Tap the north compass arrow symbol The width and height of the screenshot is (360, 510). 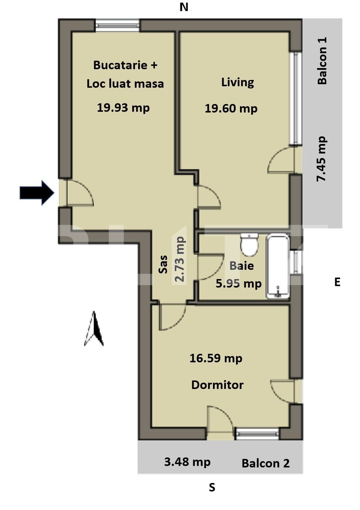(94, 329)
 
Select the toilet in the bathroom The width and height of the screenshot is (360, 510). (249, 245)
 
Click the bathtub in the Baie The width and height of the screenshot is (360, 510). (278, 266)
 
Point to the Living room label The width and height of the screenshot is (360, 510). (237, 82)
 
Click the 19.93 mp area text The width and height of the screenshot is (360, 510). (123, 108)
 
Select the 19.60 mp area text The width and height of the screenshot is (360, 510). (231, 108)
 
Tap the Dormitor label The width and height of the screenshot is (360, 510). (217, 385)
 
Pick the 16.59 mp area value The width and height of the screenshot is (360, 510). (216, 358)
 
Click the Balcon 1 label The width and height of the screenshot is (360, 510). (322, 61)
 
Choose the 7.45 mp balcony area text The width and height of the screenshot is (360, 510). (321, 159)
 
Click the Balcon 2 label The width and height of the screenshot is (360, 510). (266, 463)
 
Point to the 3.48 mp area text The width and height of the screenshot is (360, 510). (187, 462)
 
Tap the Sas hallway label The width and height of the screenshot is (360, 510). (163, 264)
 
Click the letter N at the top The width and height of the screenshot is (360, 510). (184, 7)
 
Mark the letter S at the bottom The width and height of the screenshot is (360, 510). (212, 488)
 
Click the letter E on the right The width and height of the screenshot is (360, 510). (337, 282)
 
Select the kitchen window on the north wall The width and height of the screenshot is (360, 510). (117, 26)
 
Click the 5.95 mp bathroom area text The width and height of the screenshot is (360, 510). (239, 283)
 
